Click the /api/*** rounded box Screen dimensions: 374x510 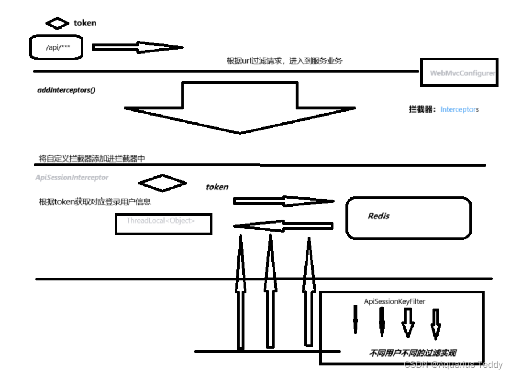click(56, 48)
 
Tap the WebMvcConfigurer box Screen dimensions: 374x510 click(459, 73)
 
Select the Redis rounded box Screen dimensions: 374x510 click(408, 217)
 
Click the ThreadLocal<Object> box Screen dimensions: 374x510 click(163, 224)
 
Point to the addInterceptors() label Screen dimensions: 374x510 click(66, 90)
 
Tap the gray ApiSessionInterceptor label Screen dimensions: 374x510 click(72, 177)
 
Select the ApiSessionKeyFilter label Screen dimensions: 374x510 click(394, 301)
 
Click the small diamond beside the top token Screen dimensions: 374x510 click(57, 23)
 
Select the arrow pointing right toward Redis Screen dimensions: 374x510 click(283, 201)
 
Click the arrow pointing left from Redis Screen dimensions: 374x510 click(283, 226)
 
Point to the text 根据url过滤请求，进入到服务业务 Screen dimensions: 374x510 click(284, 61)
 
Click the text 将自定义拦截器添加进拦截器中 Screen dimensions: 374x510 click(91, 159)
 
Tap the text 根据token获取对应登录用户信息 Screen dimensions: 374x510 click(95, 202)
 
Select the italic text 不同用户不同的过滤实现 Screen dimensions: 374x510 click(412, 353)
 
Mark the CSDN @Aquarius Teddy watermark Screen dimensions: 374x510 click(453, 365)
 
